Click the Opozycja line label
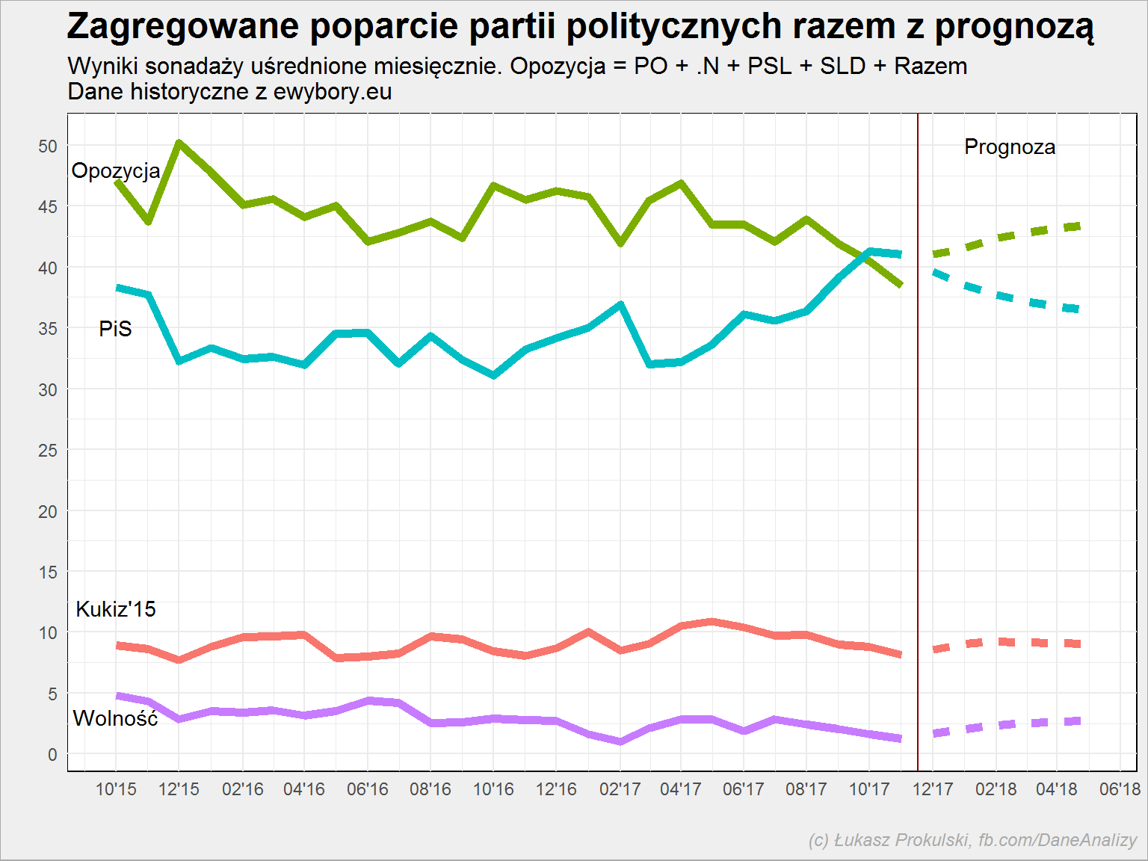point(116,171)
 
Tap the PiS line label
point(115,329)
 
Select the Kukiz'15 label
point(116,609)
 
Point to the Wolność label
point(115,717)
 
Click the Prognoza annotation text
point(1010,147)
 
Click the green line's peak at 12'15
point(179,142)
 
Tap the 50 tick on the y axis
point(48,146)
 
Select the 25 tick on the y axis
point(48,450)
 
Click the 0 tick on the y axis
point(52,754)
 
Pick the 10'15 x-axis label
point(116,789)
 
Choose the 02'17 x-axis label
point(620,789)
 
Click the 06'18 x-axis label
point(1120,789)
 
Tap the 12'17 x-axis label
point(933,789)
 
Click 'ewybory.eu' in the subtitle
point(333,91)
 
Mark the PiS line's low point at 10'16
point(494,375)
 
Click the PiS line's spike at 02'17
point(620,304)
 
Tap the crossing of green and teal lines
point(862,256)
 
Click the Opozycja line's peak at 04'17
point(681,183)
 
